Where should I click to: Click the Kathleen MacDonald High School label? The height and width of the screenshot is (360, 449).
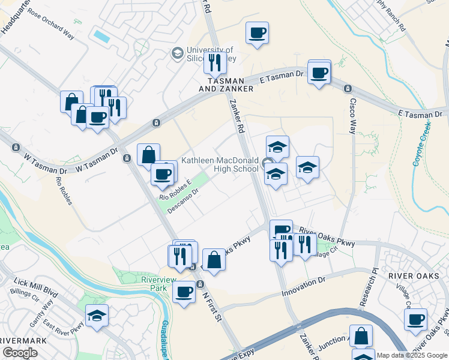click(220, 165)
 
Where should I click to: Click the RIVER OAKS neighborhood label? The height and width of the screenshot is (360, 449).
click(410, 275)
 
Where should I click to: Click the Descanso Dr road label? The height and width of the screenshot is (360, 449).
click(182, 201)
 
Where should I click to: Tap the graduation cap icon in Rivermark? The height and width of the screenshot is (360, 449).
click(97, 314)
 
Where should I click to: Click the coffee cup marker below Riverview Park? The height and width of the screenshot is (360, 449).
click(184, 292)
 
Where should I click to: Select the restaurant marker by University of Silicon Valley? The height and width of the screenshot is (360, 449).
click(214, 62)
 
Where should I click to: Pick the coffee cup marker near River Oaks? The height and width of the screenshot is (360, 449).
click(415, 319)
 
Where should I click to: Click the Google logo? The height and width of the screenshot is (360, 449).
click(20, 353)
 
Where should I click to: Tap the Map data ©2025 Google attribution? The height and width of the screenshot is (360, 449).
click(412, 355)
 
